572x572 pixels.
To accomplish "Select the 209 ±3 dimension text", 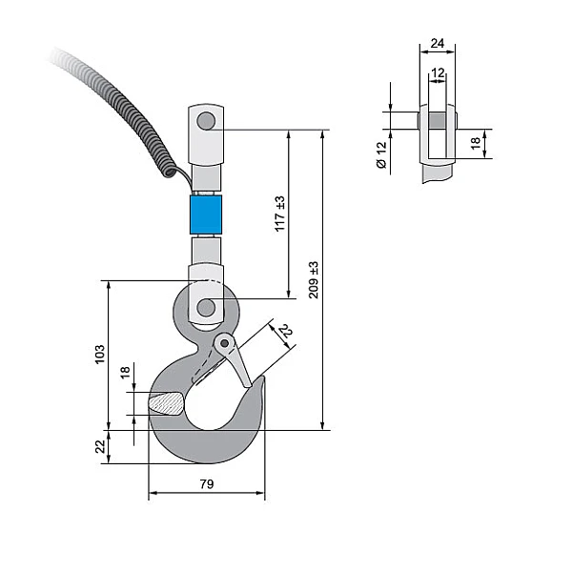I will point(314,279).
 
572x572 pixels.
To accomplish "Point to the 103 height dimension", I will point(100,355).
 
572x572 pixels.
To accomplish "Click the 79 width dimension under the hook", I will point(206,484).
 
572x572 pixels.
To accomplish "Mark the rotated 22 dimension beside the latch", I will point(284,331).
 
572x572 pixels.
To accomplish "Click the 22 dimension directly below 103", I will point(100,446).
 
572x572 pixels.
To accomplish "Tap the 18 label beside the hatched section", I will point(125,373).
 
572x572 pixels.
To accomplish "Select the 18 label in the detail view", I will point(474,144).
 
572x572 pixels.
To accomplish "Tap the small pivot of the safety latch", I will point(225,342).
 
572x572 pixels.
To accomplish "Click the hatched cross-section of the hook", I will point(166,403).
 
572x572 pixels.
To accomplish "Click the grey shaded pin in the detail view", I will point(437,121).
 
